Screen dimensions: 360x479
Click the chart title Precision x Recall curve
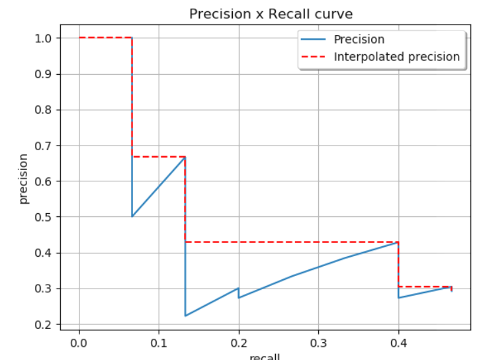271,14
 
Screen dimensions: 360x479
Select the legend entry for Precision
359,40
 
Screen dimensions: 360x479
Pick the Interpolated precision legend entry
396,57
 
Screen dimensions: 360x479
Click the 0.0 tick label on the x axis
79,343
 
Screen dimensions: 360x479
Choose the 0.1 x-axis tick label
159,343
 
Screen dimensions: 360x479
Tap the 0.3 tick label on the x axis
318,343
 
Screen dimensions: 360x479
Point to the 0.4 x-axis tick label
398,343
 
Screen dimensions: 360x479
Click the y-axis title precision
24,179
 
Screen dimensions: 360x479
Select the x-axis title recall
265,357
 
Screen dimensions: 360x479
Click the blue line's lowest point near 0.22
185,316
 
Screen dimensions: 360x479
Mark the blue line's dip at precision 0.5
132,216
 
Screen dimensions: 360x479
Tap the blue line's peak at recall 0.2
238,288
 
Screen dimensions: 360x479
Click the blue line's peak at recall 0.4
398,242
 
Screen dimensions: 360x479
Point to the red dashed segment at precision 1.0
106,38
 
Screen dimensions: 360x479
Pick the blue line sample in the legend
314,40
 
